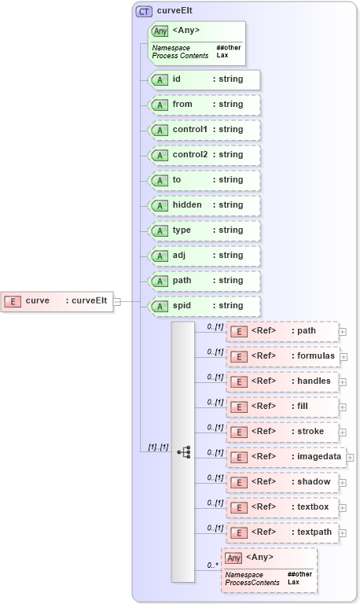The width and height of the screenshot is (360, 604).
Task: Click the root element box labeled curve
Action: click(x=57, y=300)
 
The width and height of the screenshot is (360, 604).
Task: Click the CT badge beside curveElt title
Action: click(x=144, y=11)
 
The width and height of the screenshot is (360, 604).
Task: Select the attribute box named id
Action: click(x=204, y=79)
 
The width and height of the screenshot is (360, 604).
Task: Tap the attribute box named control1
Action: click(x=204, y=130)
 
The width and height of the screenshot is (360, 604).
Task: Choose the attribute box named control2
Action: click(x=204, y=155)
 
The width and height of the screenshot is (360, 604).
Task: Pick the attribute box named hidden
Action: click(x=204, y=205)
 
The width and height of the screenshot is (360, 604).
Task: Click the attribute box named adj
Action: click(x=204, y=256)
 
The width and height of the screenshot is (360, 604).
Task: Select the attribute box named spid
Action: click(x=204, y=306)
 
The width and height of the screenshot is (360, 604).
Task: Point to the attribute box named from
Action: click(x=204, y=105)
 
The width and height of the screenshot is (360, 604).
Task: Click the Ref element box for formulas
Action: click(x=282, y=356)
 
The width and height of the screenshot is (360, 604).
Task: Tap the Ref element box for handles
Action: click(x=282, y=381)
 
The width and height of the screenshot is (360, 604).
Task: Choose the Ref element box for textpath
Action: click(x=282, y=532)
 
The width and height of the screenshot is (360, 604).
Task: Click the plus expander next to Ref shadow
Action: click(x=343, y=483)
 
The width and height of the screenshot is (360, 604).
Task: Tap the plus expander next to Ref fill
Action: click(x=343, y=407)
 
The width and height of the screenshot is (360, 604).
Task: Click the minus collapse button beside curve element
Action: click(x=116, y=300)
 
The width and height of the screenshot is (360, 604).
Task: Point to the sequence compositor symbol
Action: click(x=183, y=451)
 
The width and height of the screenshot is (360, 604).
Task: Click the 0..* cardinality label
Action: click(x=212, y=565)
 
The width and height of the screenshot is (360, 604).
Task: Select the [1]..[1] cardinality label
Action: click(x=158, y=447)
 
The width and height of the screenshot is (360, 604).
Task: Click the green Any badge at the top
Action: click(x=160, y=31)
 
